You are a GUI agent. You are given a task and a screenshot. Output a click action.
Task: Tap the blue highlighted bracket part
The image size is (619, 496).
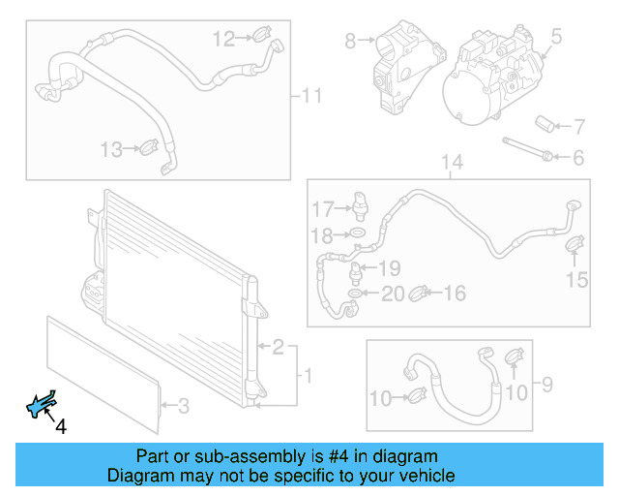pos(42,406)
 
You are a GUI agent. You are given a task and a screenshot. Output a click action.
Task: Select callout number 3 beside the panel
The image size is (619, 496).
pos(184,405)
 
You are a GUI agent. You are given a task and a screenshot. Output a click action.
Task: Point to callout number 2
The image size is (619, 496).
pos(278,346)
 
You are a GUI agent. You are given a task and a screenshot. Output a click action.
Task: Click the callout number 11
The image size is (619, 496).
pos(310,96)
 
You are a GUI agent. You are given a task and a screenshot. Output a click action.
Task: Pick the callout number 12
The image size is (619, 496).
pos(223,39)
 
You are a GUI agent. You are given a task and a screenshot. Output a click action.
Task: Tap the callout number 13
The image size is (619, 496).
pos(112,149)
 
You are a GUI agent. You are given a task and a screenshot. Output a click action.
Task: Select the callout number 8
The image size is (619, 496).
pos(349,41)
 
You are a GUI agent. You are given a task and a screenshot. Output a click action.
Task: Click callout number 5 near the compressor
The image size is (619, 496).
pos(556,38)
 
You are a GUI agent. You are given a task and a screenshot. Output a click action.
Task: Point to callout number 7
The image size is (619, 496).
pos(579,126)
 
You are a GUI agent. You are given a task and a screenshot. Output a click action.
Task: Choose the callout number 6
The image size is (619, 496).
pos(578,157)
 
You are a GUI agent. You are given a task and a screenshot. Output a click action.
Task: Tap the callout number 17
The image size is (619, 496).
pos(321,208)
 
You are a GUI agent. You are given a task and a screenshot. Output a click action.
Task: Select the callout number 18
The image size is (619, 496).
pos(321,234)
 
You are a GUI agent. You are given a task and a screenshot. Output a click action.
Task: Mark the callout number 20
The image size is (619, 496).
pos(393,294)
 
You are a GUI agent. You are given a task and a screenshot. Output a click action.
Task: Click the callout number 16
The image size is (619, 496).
pos(455,293)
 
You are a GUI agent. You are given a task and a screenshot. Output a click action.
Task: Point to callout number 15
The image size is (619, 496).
pos(576,280)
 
